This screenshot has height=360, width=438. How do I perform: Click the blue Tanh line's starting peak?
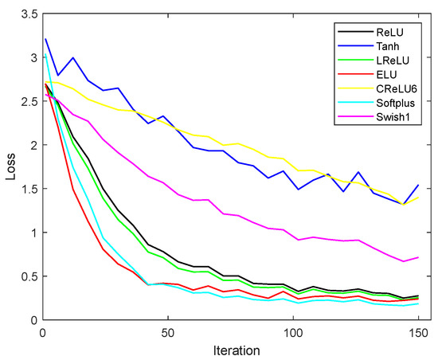(45, 39)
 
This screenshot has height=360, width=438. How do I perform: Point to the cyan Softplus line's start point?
(45, 57)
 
